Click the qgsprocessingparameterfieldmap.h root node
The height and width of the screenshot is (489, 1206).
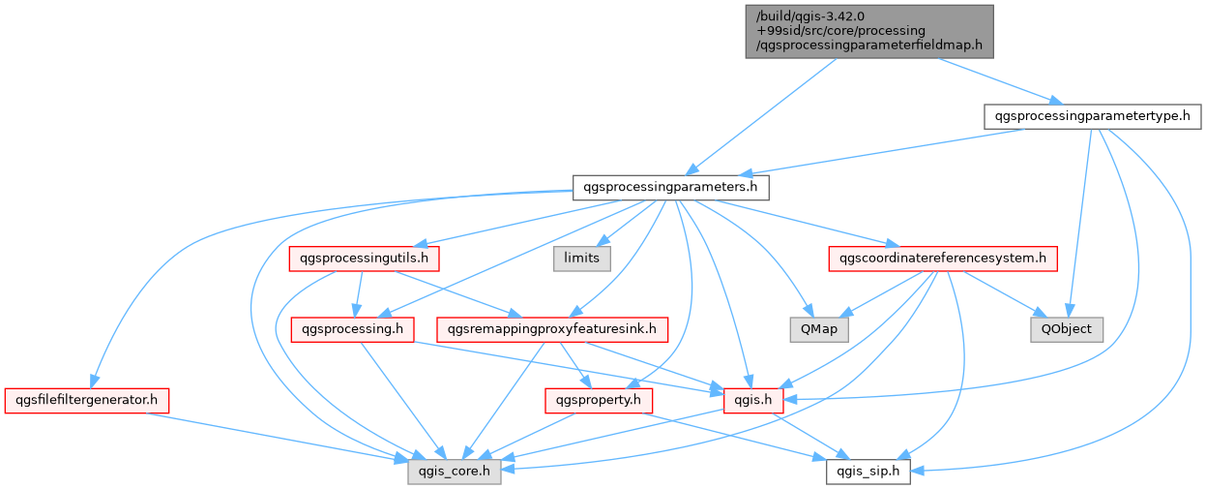pyautogui.click(x=870, y=30)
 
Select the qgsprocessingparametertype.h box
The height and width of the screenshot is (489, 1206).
pyautogui.click(x=1092, y=116)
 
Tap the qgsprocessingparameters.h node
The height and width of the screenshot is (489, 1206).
pyautogui.click(x=670, y=187)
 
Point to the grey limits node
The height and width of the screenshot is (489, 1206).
pyautogui.click(x=582, y=258)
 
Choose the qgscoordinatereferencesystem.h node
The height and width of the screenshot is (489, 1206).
pyautogui.click(x=942, y=259)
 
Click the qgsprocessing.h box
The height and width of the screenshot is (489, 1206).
pyautogui.click(x=353, y=329)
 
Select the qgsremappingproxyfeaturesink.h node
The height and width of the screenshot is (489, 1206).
pyautogui.click(x=552, y=329)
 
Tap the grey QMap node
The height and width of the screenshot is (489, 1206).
pyautogui.click(x=818, y=329)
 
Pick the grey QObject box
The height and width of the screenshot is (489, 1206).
pyautogui.click(x=1066, y=329)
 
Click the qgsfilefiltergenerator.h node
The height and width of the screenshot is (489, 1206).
pyautogui.click(x=87, y=399)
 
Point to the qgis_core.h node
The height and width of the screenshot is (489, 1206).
pyautogui.click(x=454, y=473)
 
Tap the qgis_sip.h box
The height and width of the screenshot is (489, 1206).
pyautogui.click(x=868, y=473)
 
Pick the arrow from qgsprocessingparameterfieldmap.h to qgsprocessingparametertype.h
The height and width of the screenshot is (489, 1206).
pyautogui.click(x=996, y=80)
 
